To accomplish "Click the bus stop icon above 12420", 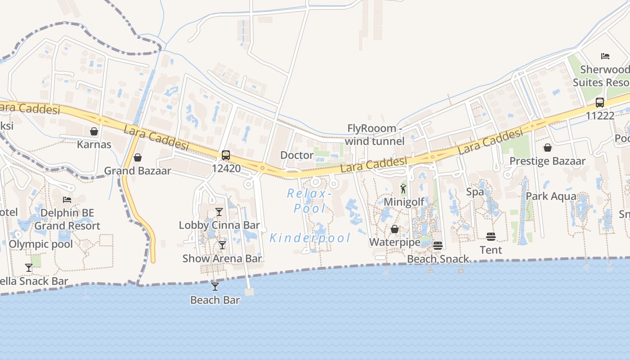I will point(226,155).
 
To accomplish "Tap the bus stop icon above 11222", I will point(600,102).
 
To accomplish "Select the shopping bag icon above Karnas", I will point(94,131).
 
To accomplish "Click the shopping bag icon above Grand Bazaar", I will point(138,157).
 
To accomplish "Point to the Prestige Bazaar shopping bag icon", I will point(548,148).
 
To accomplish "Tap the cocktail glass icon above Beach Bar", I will point(215,286).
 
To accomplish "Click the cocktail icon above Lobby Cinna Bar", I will point(219,211).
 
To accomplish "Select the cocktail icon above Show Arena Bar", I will point(222,245).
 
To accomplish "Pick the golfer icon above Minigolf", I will point(403,189).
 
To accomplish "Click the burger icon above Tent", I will point(491,237).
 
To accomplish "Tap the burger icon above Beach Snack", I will point(438,246).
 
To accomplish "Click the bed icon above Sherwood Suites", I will point(605,56).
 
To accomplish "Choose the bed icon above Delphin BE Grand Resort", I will point(67,199).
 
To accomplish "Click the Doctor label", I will point(297,155).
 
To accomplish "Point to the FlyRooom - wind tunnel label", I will point(375,135).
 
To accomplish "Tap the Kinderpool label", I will point(310,238).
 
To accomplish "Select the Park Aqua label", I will point(551,196).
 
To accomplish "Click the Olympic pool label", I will point(41,244).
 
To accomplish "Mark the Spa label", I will point(475,192).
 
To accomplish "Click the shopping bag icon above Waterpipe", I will point(395,229).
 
